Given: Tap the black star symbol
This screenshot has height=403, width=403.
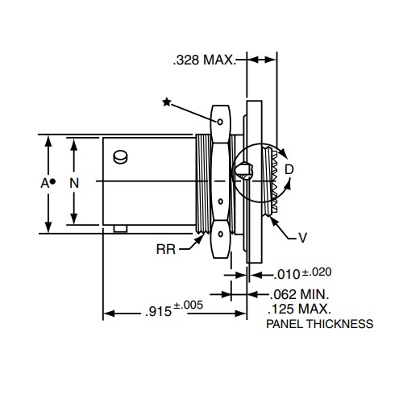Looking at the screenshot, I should (x=167, y=102).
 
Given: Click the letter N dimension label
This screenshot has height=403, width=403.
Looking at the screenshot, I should (x=74, y=183).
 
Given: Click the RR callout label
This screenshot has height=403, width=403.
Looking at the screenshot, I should (x=167, y=249).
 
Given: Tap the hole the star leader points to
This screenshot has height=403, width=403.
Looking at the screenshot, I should (x=221, y=122).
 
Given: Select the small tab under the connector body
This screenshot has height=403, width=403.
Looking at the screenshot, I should (x=120, y=229).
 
